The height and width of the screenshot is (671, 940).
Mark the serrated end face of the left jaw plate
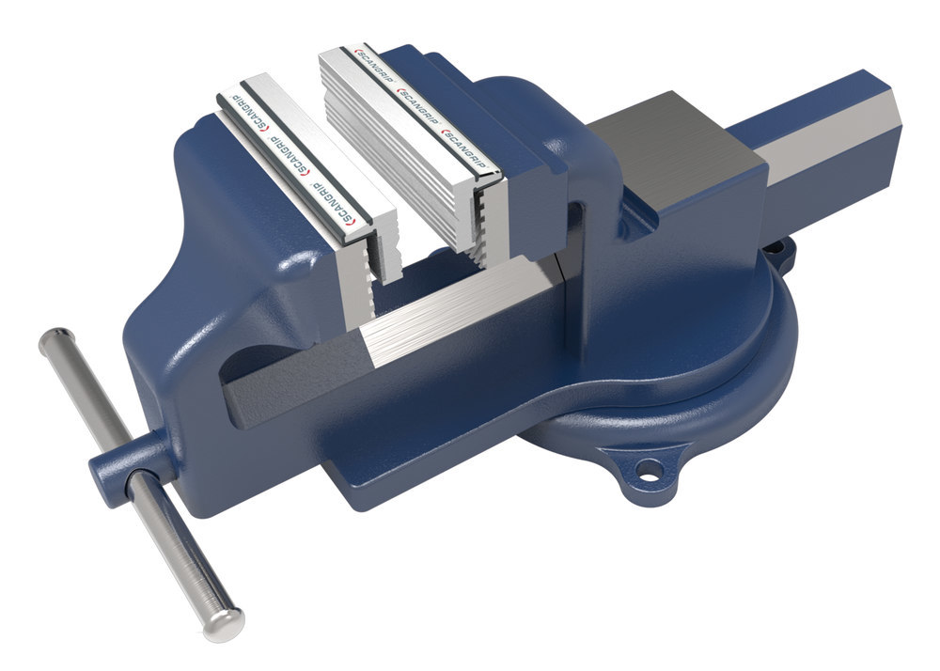371,273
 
